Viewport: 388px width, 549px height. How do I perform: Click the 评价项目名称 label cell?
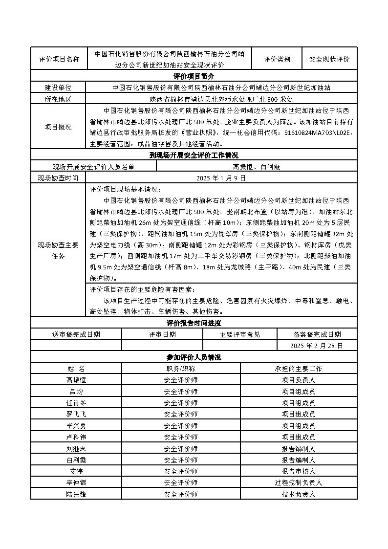(x=59, y=59)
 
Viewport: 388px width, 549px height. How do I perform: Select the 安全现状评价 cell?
(x=329, y=59)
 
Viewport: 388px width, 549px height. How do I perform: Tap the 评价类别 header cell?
(x=277, y=59)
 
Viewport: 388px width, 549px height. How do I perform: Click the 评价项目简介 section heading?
(x=194, y=76)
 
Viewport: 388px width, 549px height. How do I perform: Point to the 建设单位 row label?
(x=58, y=88)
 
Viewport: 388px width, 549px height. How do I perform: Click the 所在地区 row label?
(x=58, y=99)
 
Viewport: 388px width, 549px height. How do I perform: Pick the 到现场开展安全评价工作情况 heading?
(x=194, y=155)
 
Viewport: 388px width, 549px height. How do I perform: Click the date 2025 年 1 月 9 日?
(x=221, y=178)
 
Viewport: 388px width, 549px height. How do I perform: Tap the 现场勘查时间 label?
(x=58, y=178)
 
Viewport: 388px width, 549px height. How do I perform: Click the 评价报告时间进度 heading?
(x=194, y=323)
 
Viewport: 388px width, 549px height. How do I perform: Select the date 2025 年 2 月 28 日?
(x=317, y=346)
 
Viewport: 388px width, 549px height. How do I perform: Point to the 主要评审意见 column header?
(x=240, y=334)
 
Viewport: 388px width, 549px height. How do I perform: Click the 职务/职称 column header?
(x=181, y=369)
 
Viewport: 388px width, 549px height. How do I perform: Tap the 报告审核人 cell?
(x=298, y=471)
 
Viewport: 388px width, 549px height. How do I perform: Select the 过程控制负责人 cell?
(x=298, y=483)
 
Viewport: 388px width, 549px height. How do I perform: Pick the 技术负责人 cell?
(x=298, y=494)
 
